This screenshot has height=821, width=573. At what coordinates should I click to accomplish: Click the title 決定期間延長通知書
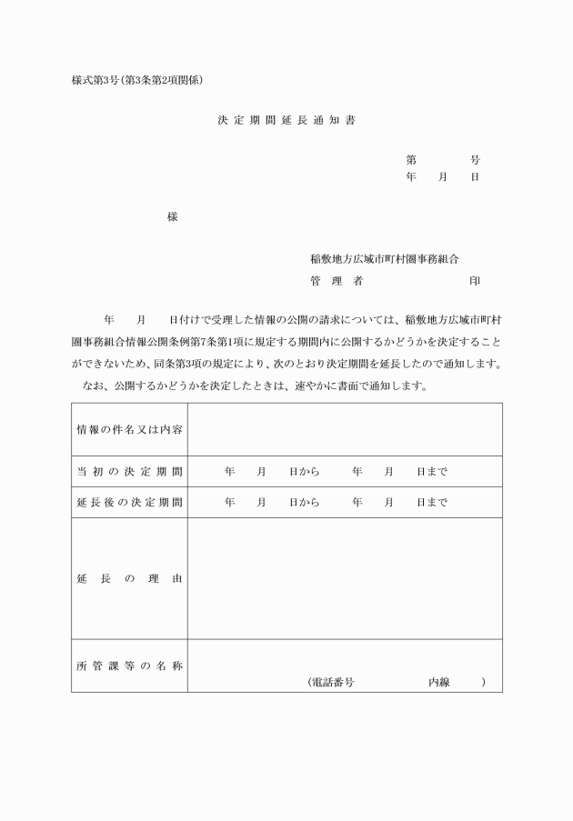[286, 119]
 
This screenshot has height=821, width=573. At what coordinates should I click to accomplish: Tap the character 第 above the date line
[411, 160]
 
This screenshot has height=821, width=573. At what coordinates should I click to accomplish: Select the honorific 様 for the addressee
[173, 216]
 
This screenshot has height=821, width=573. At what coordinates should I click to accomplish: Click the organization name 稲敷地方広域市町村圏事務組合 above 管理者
[385, 259]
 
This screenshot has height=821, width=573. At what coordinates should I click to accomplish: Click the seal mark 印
[475, 282]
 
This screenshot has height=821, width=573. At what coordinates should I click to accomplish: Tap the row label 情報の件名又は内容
[129, 429]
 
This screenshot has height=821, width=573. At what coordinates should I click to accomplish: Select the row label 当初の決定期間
[129, 472]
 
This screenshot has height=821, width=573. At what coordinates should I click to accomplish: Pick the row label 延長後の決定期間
[129, 502]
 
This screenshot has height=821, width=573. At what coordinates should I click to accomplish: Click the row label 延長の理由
[129, 578]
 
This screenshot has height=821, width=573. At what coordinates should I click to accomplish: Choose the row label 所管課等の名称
[129, 666]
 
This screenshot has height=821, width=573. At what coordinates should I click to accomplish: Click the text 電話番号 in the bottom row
[332, 682]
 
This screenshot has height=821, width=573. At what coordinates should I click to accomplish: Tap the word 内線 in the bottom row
[439, 682]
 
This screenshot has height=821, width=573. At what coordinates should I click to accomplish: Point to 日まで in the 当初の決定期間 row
[432, 472]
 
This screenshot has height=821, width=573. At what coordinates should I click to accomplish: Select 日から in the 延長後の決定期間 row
[304, 502]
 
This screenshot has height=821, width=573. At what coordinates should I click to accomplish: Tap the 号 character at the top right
[475, 160]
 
